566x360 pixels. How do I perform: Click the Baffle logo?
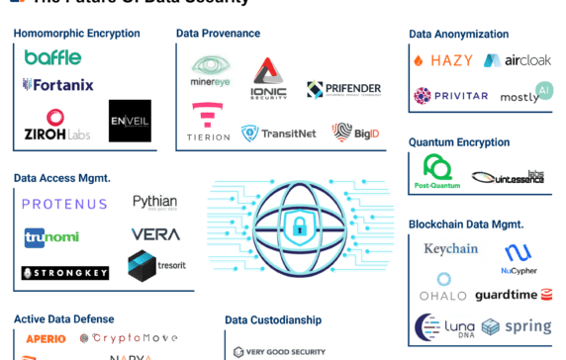click(52, 57)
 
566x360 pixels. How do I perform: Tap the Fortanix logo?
click(58, 85)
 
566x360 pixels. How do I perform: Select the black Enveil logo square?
click(130, 121)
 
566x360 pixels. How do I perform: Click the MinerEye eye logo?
click(209, 73)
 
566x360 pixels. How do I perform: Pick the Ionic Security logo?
click(268, 78)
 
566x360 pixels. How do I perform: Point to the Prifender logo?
click(343, 90)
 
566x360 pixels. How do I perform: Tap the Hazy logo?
click(442, 60)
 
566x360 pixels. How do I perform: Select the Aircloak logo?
click(518, 60)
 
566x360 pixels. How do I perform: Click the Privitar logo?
click(450, 96)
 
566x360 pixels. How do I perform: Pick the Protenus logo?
click(65, 204)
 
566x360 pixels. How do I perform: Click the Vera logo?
click(155, 234)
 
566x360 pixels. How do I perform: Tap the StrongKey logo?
click(65, 272)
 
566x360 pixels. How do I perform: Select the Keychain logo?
click(450, 249)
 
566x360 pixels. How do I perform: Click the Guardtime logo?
click(513, 295)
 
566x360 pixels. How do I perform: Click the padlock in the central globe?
click(299, 226)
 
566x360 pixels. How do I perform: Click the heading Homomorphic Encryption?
click(76, 34)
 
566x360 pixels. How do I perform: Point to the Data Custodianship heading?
click(273, 320)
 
